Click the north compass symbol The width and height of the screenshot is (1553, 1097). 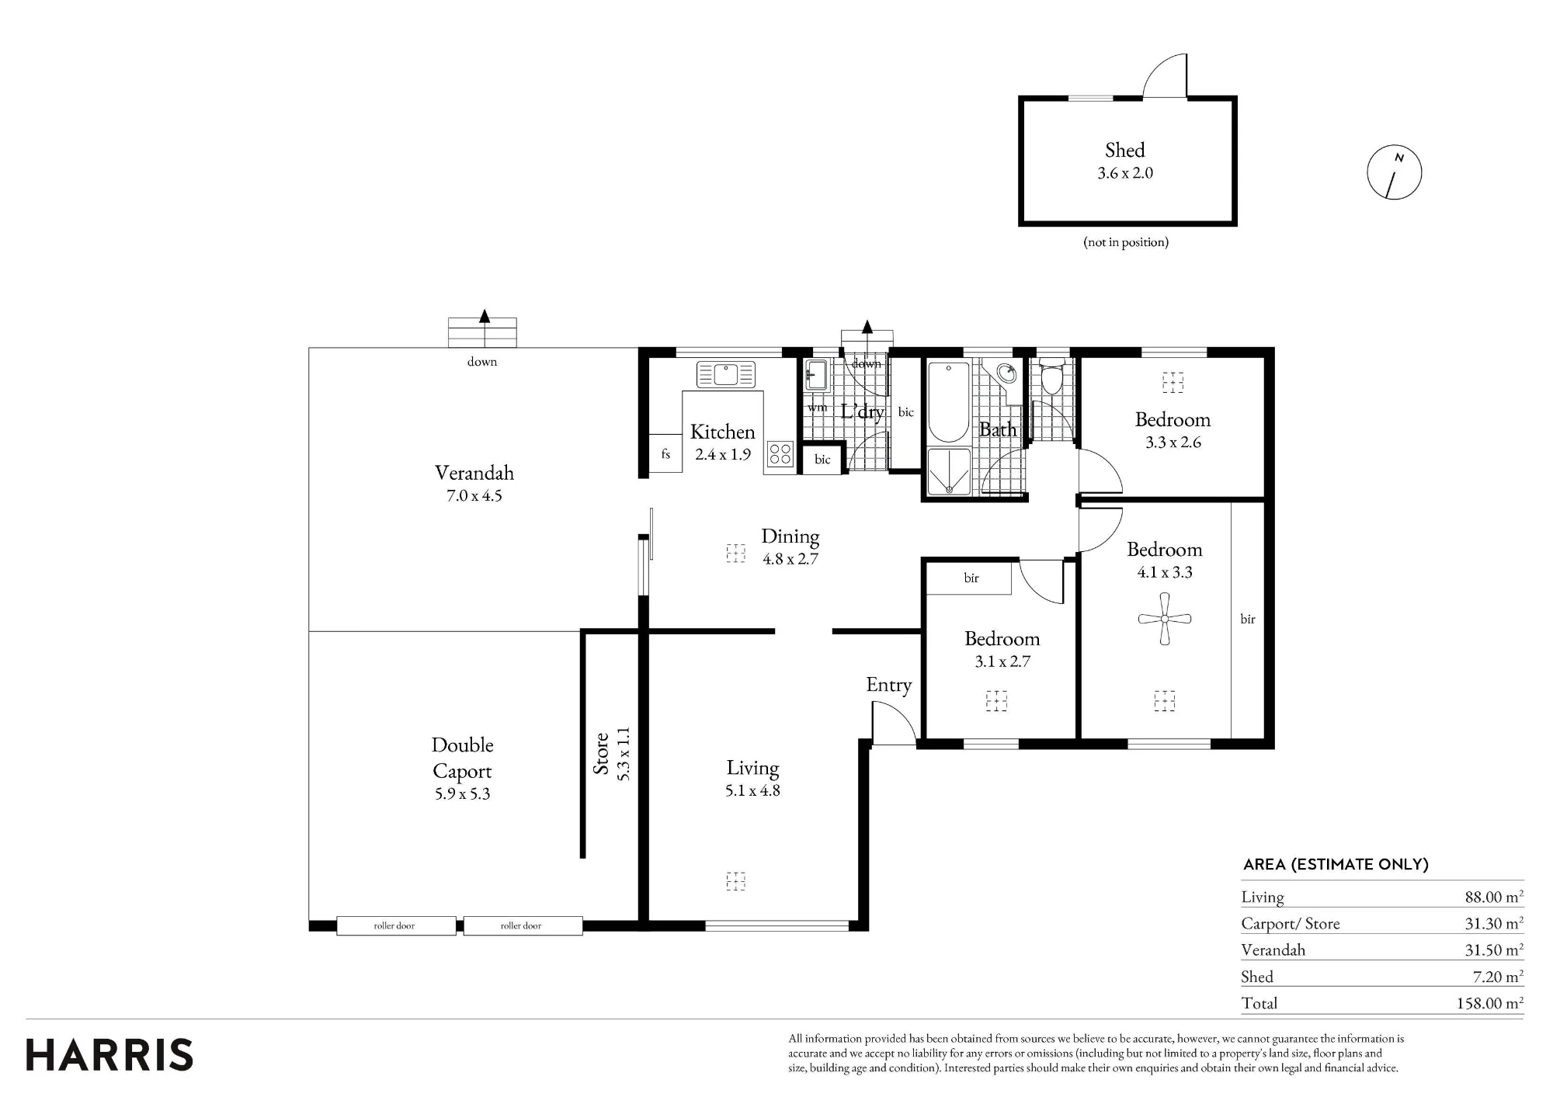[1394, 172]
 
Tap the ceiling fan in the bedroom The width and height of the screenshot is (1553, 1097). [1164, 619]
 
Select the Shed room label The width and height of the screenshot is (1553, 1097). [1125, 150]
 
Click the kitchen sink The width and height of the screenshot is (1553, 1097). [725, 374]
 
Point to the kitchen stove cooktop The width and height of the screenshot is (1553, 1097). [780, 453]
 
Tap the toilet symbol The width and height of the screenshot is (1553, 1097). [1052, 377]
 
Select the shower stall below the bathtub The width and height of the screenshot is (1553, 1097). [948, 471]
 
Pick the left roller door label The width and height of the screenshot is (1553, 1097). [394, 925]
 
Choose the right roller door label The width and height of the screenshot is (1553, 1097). [521, 925]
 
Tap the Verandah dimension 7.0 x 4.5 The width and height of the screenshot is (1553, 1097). [474, 496]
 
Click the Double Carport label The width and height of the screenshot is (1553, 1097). [463, 758]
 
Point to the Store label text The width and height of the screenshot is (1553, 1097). [601, 753]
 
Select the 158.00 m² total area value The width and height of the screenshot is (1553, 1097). [1490, 1003]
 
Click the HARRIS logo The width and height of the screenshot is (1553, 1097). [109, 1055]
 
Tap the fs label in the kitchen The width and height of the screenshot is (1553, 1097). [665, 454]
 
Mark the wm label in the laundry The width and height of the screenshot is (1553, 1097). [817, 408]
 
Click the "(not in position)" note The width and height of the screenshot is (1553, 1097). [1126, 242]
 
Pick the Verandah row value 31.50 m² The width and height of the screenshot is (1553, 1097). [1494, 950]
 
